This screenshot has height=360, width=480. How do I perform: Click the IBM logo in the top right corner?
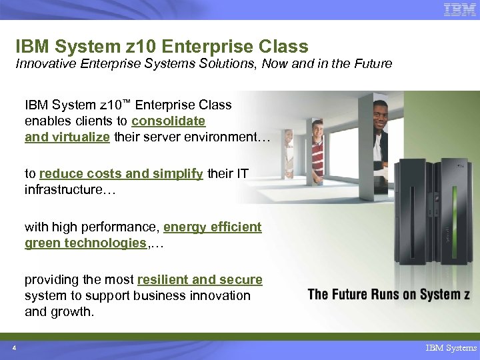pos(460,10)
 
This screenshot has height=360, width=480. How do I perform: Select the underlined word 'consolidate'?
pos(168,121)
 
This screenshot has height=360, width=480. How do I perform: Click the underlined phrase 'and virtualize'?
pos(67,137)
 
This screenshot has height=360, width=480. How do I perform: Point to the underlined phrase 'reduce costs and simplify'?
pos(121,174)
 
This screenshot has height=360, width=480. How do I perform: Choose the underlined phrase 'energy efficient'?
pos(212,227)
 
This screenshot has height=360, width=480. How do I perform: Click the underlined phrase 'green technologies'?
pos(85,243)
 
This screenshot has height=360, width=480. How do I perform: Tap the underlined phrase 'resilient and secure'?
pos(199,279)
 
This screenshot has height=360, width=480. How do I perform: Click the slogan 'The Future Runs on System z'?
pos(388,294)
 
